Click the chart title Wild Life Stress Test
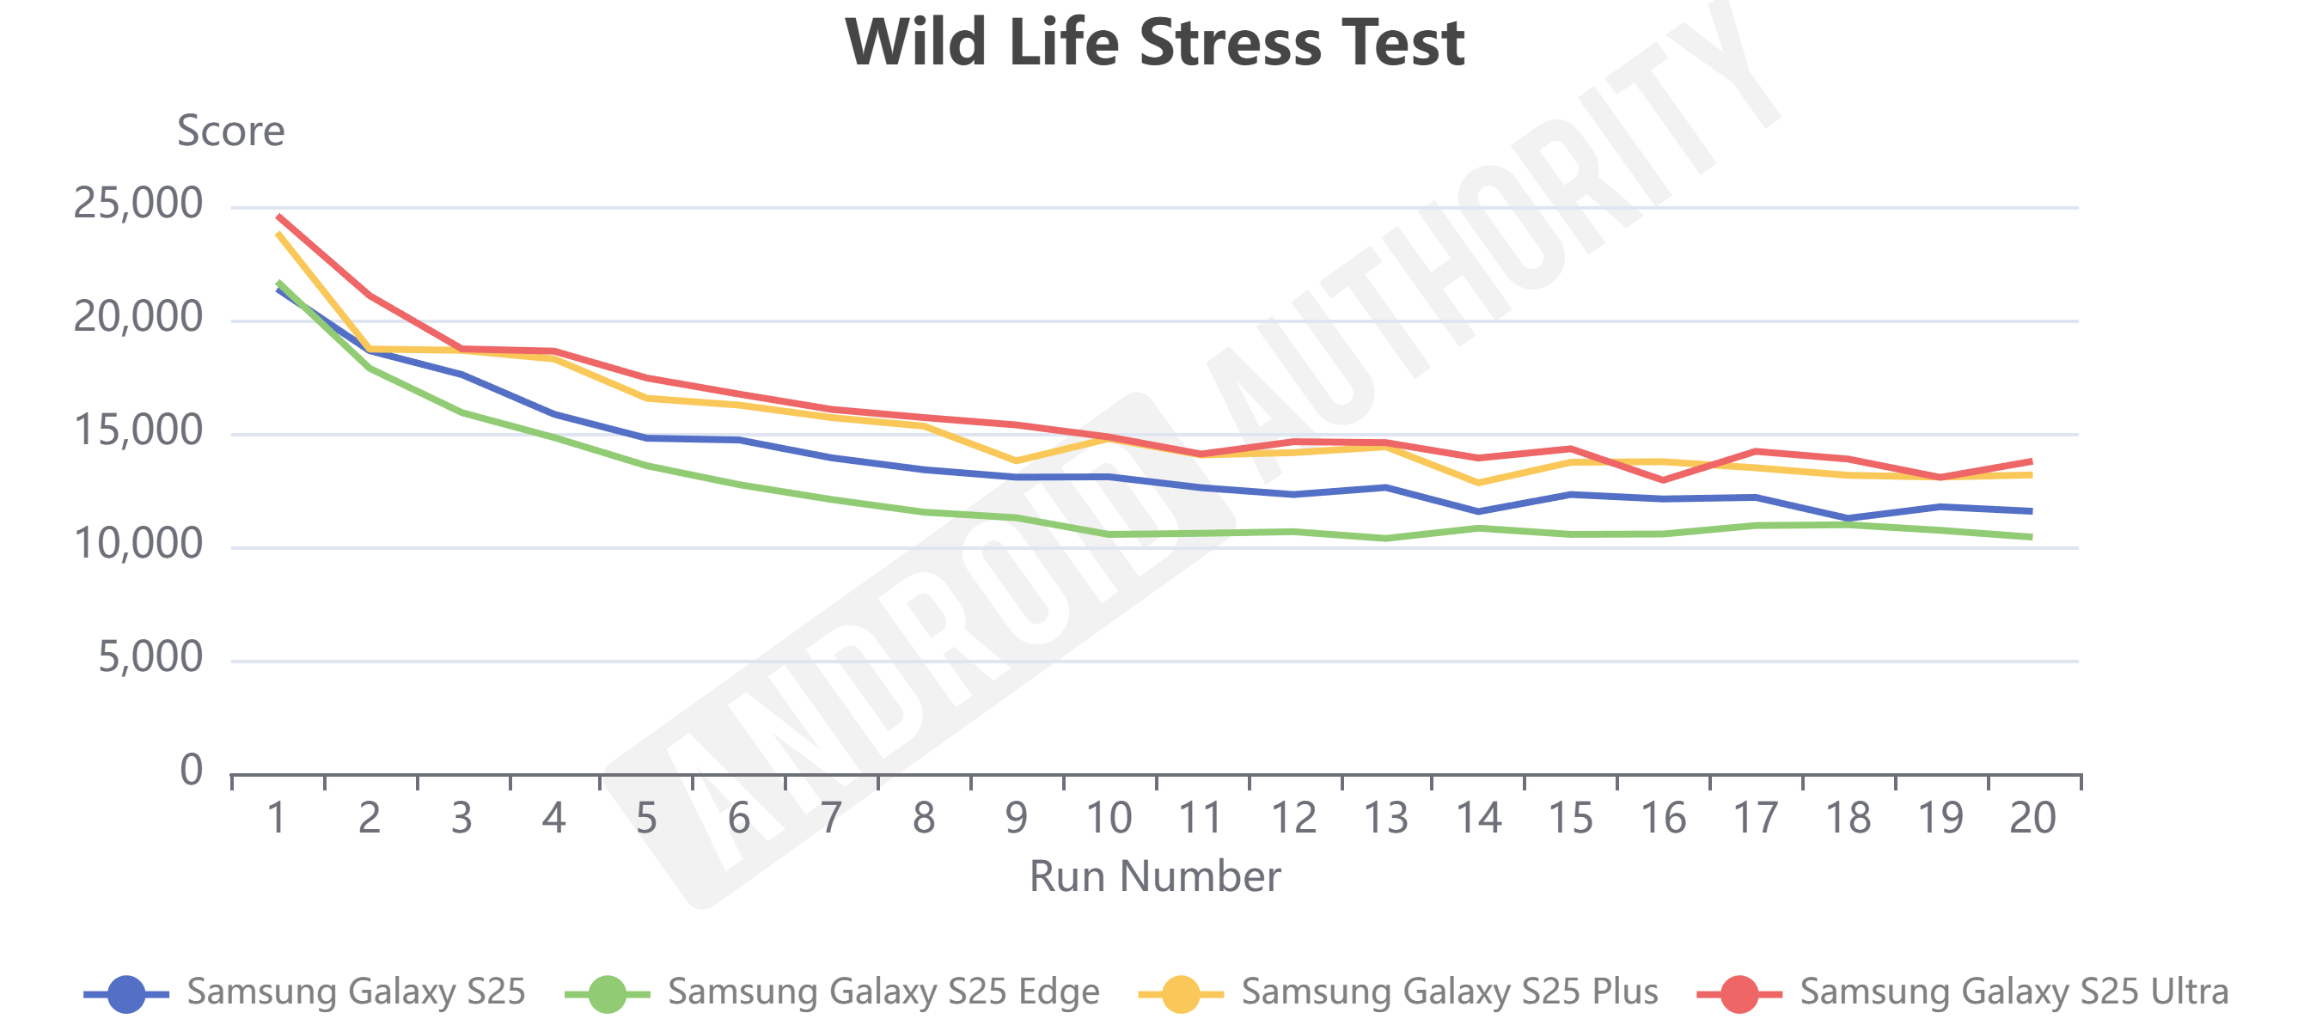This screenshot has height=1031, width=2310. click(1154, 42)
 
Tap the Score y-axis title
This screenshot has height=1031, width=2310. click(230, 131)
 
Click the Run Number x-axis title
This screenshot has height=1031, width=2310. click(1154, 875)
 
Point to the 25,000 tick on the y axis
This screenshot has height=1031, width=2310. click(138, 204)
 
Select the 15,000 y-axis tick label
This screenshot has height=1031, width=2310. click(138, 431)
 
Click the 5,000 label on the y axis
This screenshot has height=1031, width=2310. click(150, 658)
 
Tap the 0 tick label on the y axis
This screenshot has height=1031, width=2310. click(191, 770)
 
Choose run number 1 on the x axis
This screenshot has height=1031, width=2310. click(277, 818)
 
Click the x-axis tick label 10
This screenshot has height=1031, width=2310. click(1109, 818)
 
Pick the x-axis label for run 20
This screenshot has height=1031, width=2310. click(2032, 818)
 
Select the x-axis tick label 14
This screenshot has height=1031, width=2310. click(1478, 818)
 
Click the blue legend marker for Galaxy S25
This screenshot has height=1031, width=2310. click(125, 994)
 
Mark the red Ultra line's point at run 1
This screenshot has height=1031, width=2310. click(279, 216)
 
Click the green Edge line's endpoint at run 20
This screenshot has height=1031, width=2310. click(2031, 537)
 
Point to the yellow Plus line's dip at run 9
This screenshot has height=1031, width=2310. click(1016, 461)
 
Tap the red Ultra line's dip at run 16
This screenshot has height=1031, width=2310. click(1664, 480)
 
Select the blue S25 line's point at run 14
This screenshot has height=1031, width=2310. click(1478, 512)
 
